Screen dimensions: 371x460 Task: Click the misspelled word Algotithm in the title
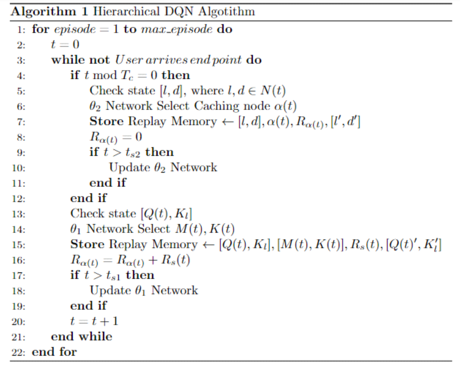[x=226, y=12]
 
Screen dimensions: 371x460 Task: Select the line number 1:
[x=21, y=30]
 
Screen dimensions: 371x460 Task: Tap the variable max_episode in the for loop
[x=177, y=29]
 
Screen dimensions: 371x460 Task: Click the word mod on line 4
[x=105, y=76]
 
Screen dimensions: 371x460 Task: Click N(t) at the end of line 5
[x=273, y=91]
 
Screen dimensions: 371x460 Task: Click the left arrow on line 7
[x=228, y=122]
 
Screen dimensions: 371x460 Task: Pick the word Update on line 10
[x=130, y=168]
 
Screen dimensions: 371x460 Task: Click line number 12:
[x=18, y=199]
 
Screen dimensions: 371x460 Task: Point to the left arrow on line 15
[x=208, y=245]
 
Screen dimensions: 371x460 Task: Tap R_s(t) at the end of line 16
[x=176, y=260]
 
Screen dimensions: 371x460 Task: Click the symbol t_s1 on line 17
[x=113, y=275]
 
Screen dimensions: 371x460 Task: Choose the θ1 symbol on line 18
[x=140, y=291]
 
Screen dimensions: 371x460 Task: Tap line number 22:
[x=18, y=352]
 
